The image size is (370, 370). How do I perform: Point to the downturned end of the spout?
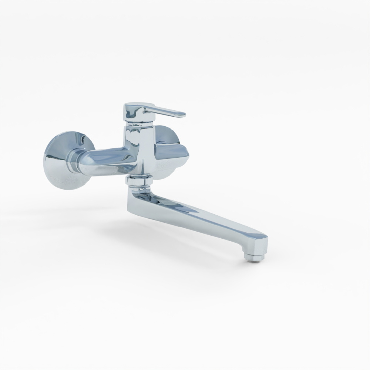259,246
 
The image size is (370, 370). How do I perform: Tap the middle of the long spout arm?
200,216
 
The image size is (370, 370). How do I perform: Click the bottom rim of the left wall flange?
67,188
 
